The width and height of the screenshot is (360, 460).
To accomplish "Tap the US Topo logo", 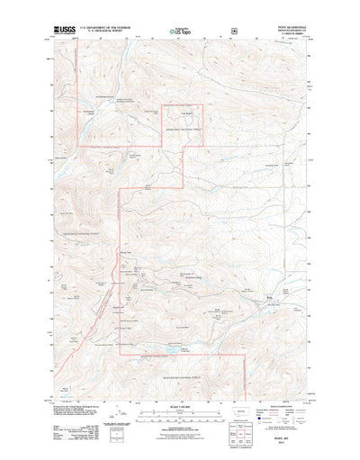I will click(181, 33).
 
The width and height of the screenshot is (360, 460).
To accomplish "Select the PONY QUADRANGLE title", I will click(286, 26).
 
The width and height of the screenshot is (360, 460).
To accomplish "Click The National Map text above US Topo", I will click(181, 27).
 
